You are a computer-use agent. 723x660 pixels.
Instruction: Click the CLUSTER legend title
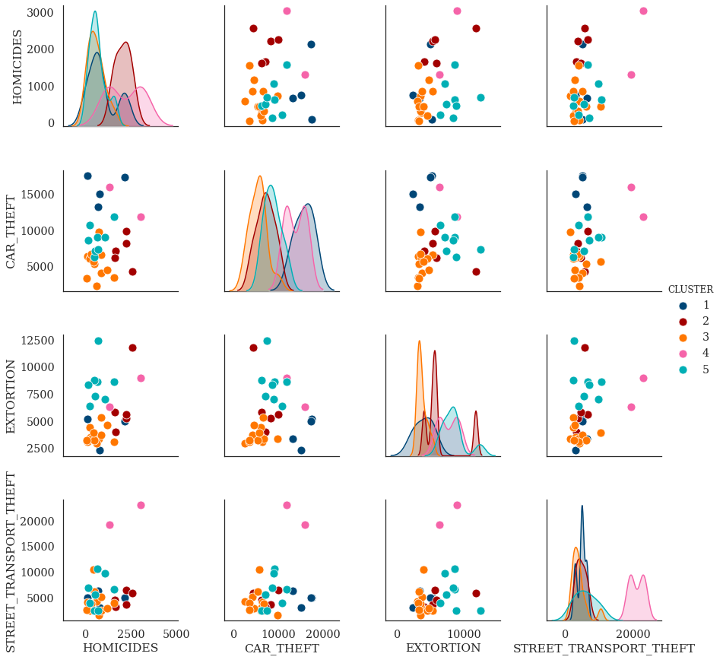[690, 290]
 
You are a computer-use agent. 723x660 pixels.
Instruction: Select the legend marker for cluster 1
[683, 306]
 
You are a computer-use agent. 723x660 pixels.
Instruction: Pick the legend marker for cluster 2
[683, 322]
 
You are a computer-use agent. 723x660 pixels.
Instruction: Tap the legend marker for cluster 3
[683, 338]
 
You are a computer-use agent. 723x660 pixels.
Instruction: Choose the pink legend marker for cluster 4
[683, 354]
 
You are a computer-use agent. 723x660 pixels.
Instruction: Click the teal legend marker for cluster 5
[683, 370]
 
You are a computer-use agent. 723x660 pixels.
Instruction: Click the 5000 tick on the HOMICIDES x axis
[176, 633]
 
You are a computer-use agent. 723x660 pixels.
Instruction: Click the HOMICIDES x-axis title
[120, 648]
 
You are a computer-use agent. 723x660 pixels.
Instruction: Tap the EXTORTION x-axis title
[443, 648]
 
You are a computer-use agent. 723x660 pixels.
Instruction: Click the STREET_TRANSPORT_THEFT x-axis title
[604, 648]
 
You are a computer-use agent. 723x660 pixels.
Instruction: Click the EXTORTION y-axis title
[11, 397]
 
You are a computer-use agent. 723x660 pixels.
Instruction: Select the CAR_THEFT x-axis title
[281, 648]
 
